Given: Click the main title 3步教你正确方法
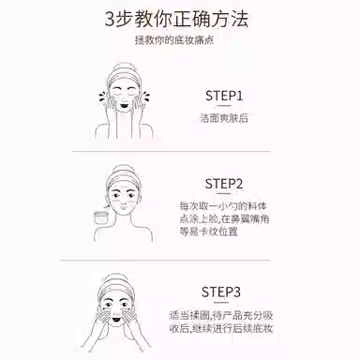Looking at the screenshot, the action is pos(176,20).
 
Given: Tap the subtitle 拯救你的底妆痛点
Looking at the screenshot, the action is pos(174,40).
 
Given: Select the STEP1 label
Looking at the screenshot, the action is pos(224,96).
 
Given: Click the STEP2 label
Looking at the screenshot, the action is pos(224,184).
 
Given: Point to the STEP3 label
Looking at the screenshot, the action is pos(221,292).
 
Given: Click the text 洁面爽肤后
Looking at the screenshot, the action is pos(224,118).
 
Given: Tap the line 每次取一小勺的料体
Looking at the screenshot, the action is pos(223,206).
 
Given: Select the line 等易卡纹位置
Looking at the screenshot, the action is pos(209,232).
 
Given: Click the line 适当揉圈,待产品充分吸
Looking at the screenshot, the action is pos(221,315).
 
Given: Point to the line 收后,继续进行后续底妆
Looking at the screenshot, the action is pos(221,328).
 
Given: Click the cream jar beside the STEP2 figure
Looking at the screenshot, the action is pos(100,217).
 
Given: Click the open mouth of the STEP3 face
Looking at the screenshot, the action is pos(116,320).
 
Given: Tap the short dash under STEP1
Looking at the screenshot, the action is pos(224,106).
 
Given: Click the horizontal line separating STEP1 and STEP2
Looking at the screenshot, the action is pos(171,152).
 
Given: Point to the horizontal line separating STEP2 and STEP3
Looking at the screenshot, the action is pos(165,260).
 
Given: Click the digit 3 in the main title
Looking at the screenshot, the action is pos(110,20).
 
